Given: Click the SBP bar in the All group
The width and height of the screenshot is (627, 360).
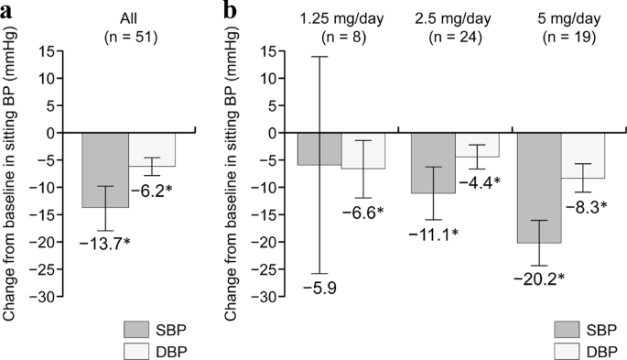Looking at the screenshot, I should pyautogui.click(x=105, y=170).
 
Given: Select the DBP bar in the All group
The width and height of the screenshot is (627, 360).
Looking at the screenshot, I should pyautogui.click(x=151, y=149).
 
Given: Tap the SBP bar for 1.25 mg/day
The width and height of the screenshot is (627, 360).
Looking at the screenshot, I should pyautogui.click(x=319, y=149).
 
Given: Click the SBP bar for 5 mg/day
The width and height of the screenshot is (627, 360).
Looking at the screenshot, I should pyautogui.click(x=539, y=188).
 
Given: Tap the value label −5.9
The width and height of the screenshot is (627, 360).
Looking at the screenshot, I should pyautogui.click(x=319, y=289).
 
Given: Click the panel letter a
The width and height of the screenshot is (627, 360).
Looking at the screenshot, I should pyautogui.click(x=7, y=10).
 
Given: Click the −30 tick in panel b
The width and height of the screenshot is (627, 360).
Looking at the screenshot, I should pyautogui.click(x=272, y=298).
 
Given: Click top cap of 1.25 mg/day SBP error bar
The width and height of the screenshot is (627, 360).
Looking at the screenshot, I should pyautogui.click(x=319, y=57).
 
